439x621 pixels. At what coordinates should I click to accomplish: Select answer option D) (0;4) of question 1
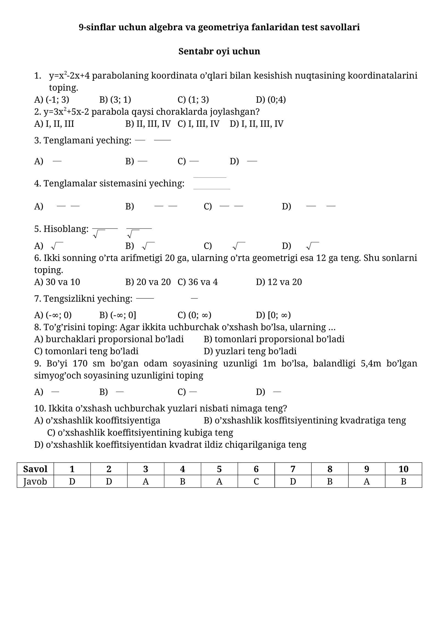pyautogui.click(x=271, y=100)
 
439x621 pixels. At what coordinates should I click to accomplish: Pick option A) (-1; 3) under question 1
pyautogui.click(x=52, y=100)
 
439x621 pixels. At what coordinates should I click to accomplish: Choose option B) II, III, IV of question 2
pyautogui.click(x=148, y=124)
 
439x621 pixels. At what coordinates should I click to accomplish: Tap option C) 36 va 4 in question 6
pyautogui.click(x=198, y=282)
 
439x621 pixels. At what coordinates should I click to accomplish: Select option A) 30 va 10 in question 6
pyautogui.click(x=57, y=282)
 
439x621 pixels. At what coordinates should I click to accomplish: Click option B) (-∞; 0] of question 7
pyautogui.click(x=118, y=315)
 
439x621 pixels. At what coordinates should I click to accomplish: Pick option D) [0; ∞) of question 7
pyautogui.click(x=273, y=315)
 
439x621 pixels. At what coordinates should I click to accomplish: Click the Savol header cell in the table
pyautogui.click(x=35, y=469)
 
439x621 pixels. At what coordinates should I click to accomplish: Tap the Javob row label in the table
pyautogui.click(x=35, y=482)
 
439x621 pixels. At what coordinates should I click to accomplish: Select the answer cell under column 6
pyautogui.click(x=256, y=482)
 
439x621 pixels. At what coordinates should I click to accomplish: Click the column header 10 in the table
pyautogui.click(x=403, y=469)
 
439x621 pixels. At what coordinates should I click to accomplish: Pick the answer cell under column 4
pyautogui.click(x=182, y=482)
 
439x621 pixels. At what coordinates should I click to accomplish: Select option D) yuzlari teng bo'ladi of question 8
pyautogui.click(x=250, y=351)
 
